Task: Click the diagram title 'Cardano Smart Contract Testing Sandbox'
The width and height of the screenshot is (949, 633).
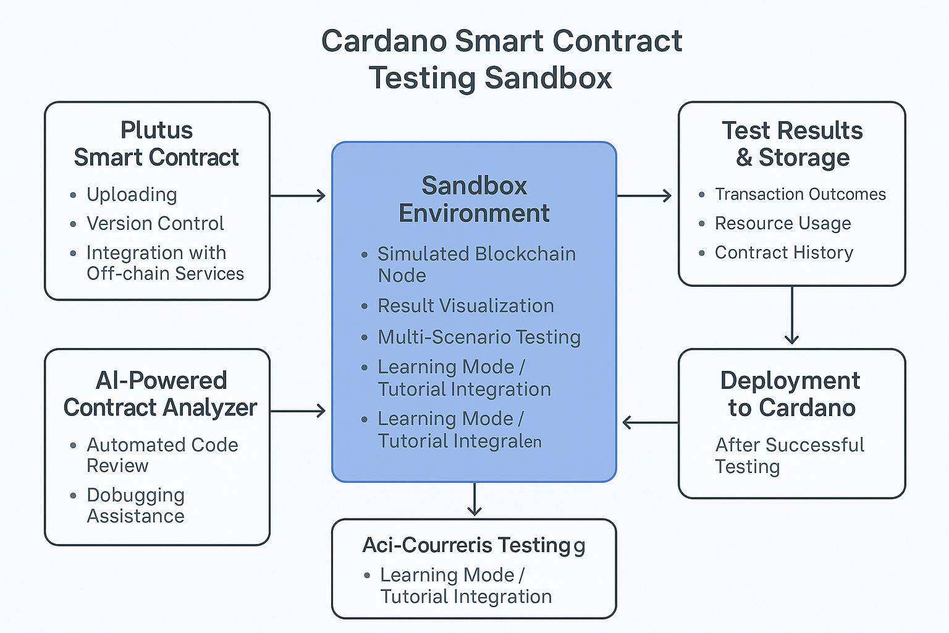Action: (x=501, y=59)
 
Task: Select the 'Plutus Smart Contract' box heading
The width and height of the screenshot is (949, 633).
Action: (x=156, y=143)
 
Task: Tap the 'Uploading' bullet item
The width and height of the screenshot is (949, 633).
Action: (x=132, y=194)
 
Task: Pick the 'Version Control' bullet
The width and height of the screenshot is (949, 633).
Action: (x=155, y=223)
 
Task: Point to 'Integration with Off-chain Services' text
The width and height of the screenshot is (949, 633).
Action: (x=165, y=263)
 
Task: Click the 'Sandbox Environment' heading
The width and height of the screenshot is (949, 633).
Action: (x=474, y=199)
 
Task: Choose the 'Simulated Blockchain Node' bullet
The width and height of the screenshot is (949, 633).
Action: (x=476, y=265)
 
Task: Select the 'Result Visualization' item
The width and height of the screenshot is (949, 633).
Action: (x=465, y=306)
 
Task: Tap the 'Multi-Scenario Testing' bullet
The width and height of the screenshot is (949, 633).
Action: (x=479, y=337)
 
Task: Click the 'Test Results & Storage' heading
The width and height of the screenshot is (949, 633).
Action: (x=792, y=143)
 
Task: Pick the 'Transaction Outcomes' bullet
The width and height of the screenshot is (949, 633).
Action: (x=800, y=194)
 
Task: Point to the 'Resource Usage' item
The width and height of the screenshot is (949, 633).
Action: (x=783, y=223)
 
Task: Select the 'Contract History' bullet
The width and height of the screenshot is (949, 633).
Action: (x=783, y=252)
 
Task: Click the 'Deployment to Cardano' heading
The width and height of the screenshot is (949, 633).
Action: (x=791, y=394)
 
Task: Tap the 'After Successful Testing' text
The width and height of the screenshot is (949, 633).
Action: (x=789, y=455)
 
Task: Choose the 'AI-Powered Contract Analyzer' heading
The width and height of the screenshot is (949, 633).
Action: (x=160, y=394)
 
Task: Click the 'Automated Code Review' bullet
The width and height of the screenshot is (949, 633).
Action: (x=162, y=455)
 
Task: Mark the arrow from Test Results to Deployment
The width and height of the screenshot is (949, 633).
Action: (x=791, y=315)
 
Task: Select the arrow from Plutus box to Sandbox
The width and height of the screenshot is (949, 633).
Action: (x=298, y=196)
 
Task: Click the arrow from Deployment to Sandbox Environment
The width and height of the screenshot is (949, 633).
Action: (x=650, y=423)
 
